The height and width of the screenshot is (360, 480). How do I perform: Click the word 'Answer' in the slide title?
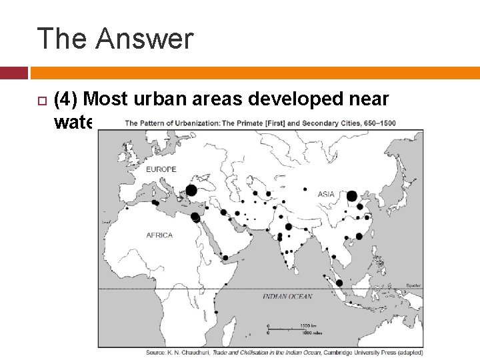click(x=144, y=39)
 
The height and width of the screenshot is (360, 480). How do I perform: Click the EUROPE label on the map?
click(x=161, y=169)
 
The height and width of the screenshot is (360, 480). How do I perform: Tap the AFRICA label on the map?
click(x=159, y=235)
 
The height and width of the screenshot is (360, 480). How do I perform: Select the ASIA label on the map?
click(x=326, y=195)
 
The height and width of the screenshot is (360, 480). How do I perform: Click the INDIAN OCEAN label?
click(x=287, y=296)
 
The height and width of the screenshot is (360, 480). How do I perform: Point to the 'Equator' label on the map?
click(x=413, y=285)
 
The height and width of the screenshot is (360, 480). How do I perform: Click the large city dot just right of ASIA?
click(x=352, y=197)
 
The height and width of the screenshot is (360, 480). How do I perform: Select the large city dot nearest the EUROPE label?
click(x=191, y=191)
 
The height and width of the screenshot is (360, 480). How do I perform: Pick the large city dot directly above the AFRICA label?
click(x=195, y=217)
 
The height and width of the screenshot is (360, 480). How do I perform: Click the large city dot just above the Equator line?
click(x=339, y=283)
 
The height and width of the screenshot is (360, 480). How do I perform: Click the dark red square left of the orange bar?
click(x=14, y=73)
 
